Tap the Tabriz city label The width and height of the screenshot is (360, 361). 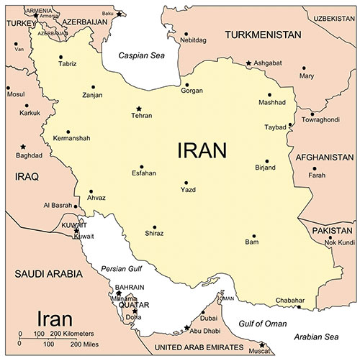point(67,65)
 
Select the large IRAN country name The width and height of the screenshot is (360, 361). point(202,150)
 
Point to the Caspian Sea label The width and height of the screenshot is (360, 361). point(138,55)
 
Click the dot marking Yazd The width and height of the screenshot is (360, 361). point(186,183)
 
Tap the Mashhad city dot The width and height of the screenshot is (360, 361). point(269,94)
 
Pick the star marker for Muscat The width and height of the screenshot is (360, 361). point(262,344)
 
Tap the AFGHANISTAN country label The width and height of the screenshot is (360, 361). point(324,157)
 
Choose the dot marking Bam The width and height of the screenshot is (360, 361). point(253,236)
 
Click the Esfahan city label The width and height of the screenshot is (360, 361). point(143,173)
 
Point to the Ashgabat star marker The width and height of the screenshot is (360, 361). point(249,64)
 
